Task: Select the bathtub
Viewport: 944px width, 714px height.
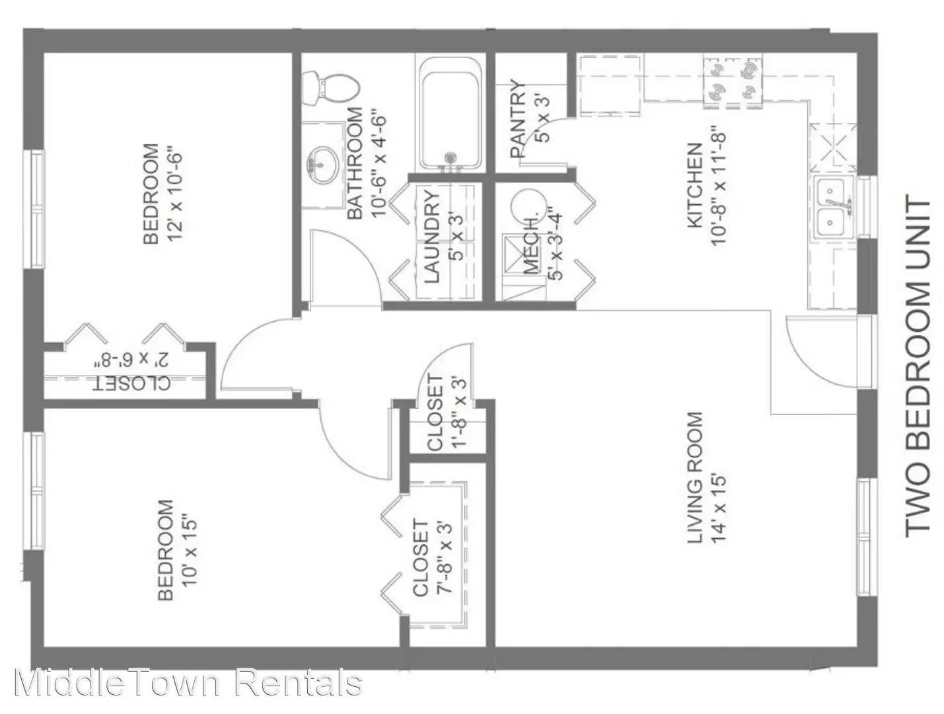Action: (x=449, y=115)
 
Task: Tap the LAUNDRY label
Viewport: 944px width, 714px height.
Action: (x=432, y=236)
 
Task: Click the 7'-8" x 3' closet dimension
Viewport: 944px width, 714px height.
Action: (x=445, y=558)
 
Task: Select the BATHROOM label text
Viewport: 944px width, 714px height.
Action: (x=355, y=163)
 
